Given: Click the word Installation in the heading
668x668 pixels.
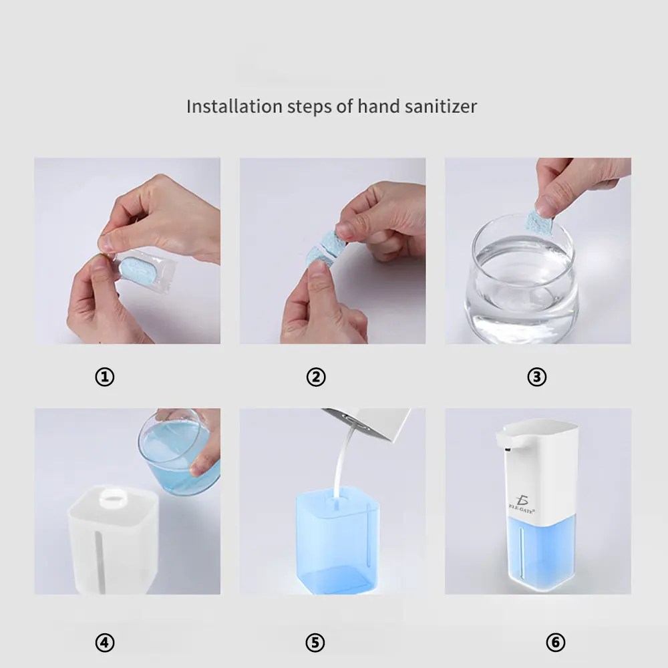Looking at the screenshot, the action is [234, 106].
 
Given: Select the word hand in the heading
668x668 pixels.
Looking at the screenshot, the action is [378, 106].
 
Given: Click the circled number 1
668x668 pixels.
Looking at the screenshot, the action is [105, 377].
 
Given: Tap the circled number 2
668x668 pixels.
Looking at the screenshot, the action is [316, 377].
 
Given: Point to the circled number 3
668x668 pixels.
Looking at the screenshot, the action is [537, 377].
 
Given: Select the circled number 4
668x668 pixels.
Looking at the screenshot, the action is [105, 643].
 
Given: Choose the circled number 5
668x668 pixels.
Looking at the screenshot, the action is [315, 643].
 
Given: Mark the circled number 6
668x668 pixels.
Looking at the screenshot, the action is [556, 643].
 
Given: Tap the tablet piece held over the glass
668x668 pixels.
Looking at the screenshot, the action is [539, 223].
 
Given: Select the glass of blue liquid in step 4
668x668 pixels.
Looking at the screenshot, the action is [179, 452].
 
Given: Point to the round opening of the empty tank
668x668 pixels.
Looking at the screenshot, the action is [114, 497].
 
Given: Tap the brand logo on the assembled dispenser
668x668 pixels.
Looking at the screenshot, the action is [522, 504].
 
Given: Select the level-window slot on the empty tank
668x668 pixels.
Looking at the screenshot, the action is [102, 562].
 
